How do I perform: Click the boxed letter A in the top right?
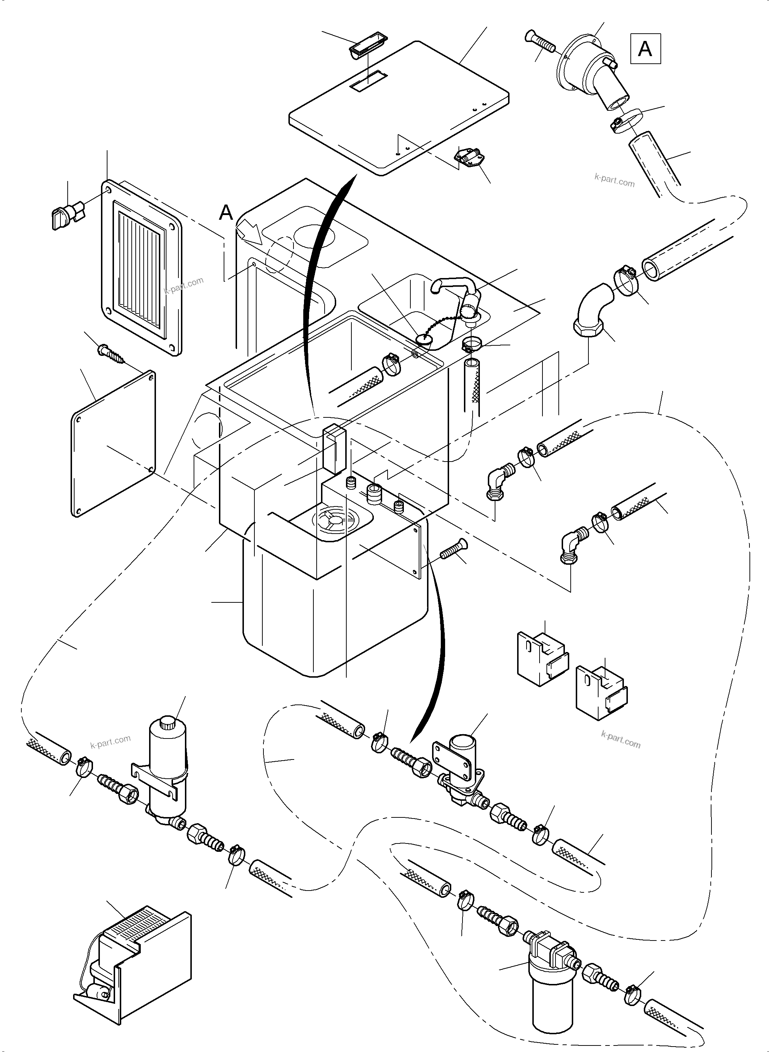click(x=645, y=49)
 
